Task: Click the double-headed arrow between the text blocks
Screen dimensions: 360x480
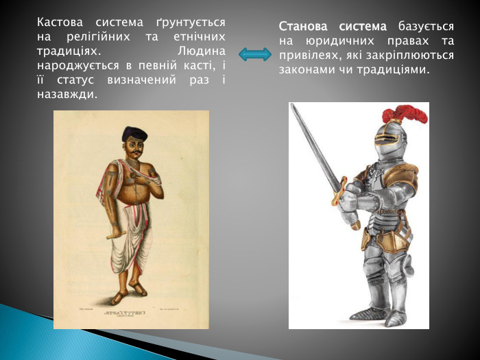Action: (255, 55)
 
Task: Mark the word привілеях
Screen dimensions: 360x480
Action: (309, 56)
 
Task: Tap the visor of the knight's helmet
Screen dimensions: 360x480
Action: (385, 145)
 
